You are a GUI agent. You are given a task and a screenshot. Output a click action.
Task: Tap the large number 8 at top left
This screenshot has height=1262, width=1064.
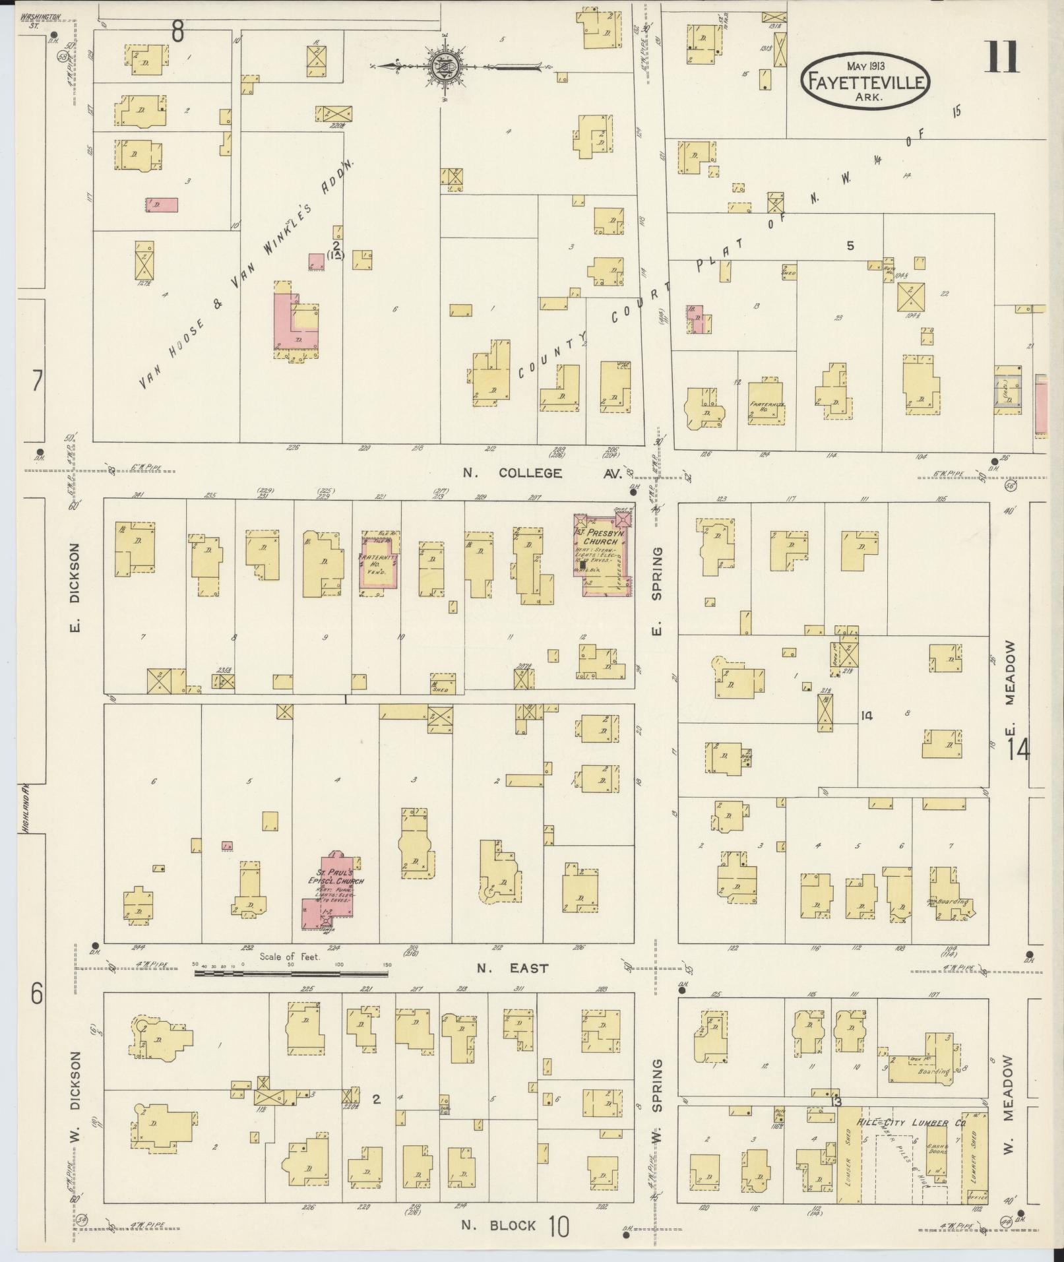pyautogui.click(x=177, y=30)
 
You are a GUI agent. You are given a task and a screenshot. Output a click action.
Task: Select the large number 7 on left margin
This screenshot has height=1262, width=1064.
pyautogui.click(x=37, y=381)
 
